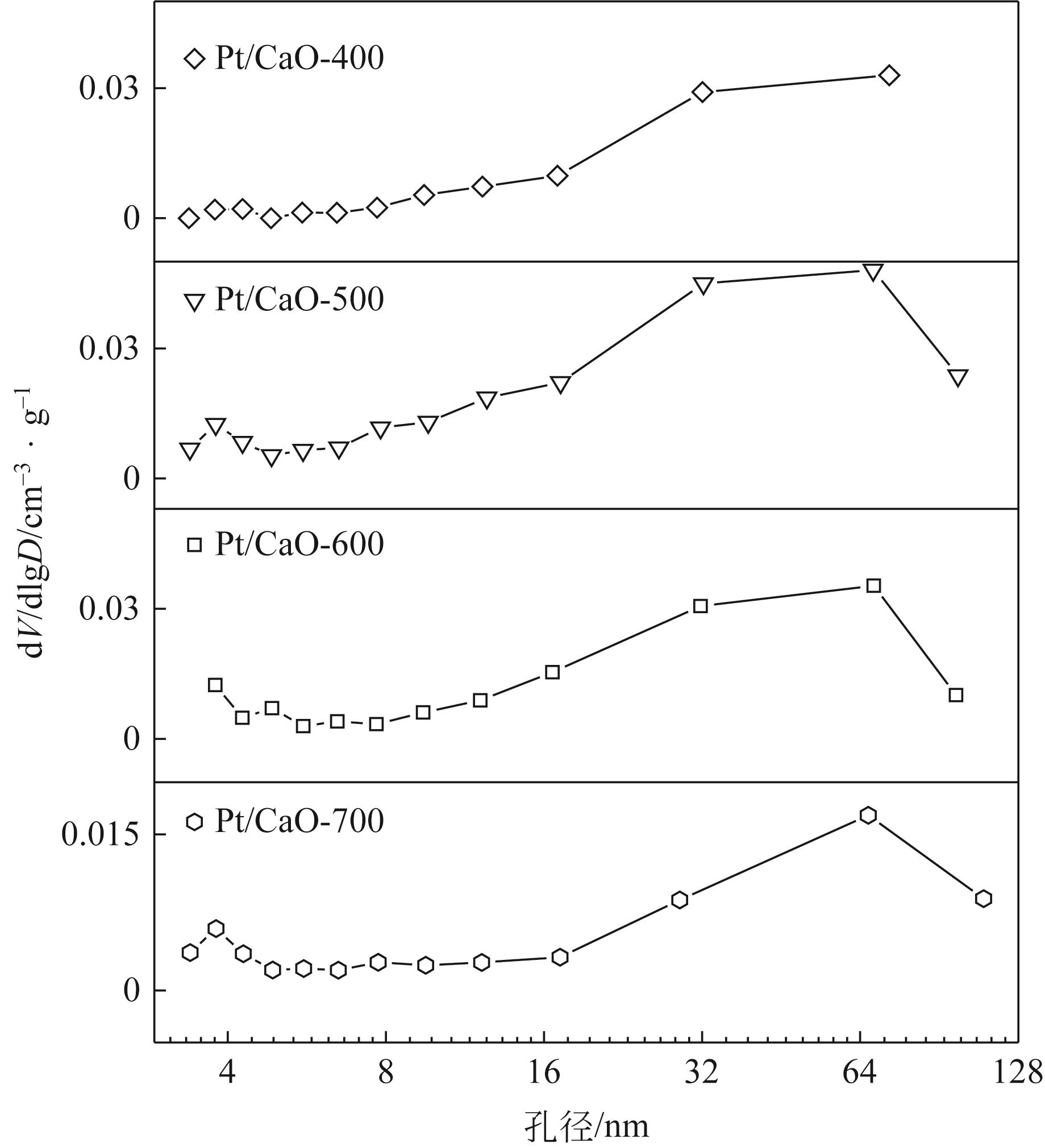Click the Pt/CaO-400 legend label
coord(298,59)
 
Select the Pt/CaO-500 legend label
coord(298,300)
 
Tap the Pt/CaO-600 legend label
coord(298,545)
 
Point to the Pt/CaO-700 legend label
coord(298,822)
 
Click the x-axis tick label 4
coord(227,1073)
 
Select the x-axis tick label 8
coord(386,1073)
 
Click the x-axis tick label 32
coord(702,1073)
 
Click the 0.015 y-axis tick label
coord(100,835)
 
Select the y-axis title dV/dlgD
coord(34,524)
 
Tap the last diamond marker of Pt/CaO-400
coord(889,75)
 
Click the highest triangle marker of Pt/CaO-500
coord(873,272)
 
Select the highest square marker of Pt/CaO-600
coord(873,585)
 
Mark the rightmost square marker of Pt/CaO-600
coord(956,694)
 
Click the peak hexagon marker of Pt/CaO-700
coord(868,815)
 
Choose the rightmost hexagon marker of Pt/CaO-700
coord(984,899)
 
